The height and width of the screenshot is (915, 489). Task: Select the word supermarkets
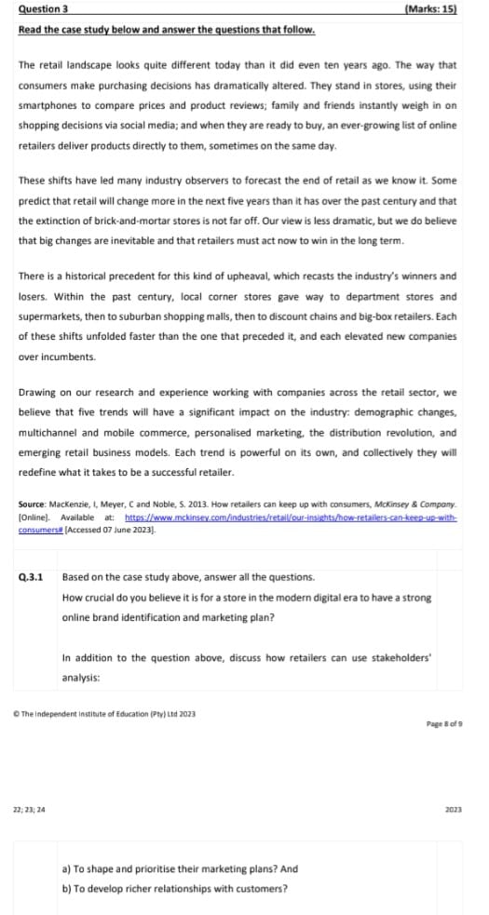coord(49,316)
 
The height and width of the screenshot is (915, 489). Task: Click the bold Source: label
coord(33,502)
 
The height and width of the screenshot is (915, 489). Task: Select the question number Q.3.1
coord(30,577)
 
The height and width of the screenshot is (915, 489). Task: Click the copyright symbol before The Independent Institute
coord(21,714)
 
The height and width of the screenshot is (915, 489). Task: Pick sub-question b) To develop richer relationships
coord(174,887)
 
